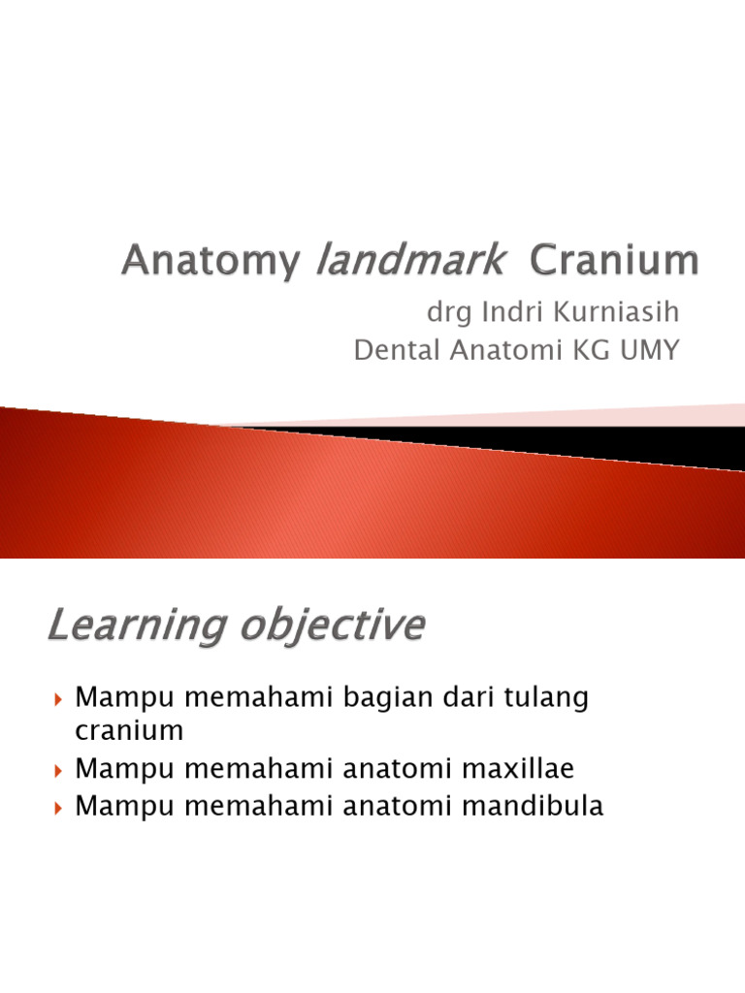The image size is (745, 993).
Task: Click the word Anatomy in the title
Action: (208, 262)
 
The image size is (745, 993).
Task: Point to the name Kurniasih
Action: (603, 314)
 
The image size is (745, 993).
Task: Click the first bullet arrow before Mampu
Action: (59, 699)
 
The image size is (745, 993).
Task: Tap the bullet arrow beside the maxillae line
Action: (59, 771)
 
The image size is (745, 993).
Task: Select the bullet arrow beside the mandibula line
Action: (59, 807)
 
